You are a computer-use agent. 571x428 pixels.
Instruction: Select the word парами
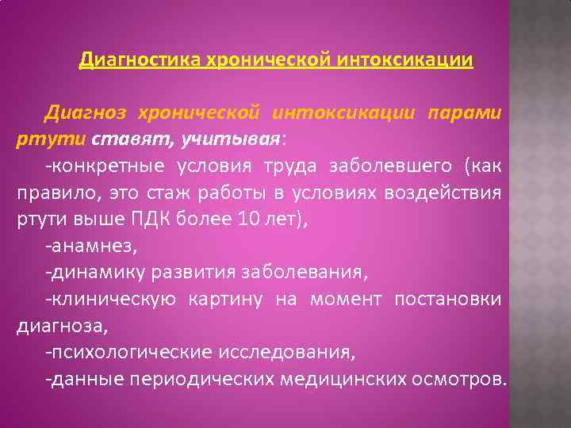point(464,113)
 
